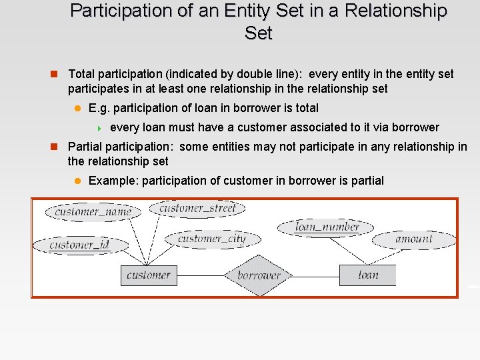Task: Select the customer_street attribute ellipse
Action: click(x=197, y=208)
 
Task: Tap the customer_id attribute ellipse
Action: click(x=79, y=245)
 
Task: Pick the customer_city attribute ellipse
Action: click(x=211, y=239)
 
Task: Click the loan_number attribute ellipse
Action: click(x=327, y=227)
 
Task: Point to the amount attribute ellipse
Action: click(x=413, y=239)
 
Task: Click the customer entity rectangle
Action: click(x=149, y=275)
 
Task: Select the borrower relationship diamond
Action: click(x=259, y=275)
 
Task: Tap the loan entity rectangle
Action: click(x=367, y=275)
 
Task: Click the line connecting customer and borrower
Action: click(x=200, y=275)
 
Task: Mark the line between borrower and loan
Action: click(x=317, y=275)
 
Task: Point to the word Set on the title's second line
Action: click(x=259, y=33)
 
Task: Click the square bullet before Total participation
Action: click(x=57, y=74)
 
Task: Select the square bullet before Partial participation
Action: click(x=57, y=147)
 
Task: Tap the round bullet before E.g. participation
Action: click(x=77, y=108)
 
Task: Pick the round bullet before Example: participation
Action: click(x=77, y=181)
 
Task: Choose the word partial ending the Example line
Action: click(x=365, y=181)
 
